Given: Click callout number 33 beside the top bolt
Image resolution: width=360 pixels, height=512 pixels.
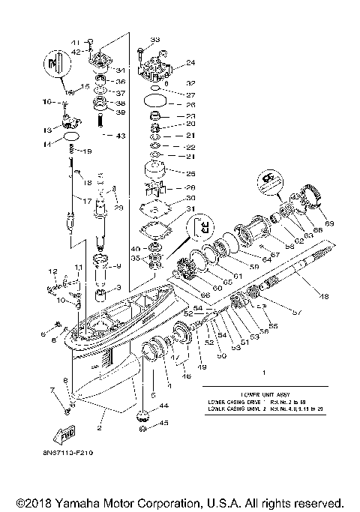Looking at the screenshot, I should tap(155, 39).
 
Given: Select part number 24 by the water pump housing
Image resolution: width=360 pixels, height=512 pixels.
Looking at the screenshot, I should tap(190, 63).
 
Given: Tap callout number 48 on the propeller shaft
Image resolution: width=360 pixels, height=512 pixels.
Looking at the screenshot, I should tap(325, 297).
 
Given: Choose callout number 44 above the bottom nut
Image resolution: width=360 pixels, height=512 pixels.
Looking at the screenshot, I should tap(163, 405).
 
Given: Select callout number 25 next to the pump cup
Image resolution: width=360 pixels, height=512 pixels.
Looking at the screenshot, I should tap(190, 173).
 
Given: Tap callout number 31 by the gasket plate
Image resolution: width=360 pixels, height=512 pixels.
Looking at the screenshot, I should tap(190, 208).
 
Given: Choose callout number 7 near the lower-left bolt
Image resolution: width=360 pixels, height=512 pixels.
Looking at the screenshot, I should tap(52, 391).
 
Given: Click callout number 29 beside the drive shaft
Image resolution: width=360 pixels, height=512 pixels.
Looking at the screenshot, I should tap(118, 207).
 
